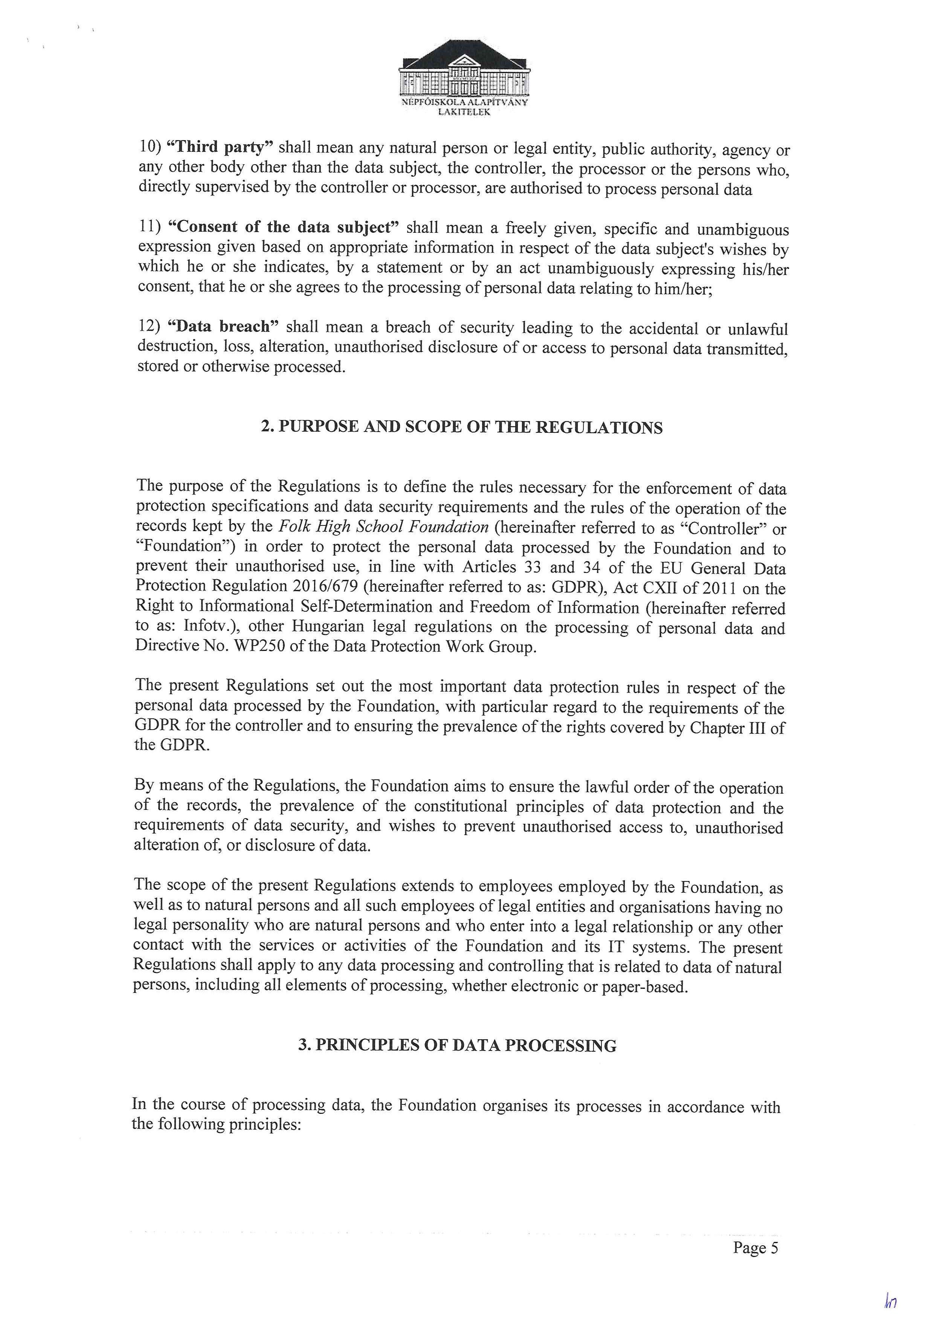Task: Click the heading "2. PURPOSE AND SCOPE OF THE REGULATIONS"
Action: pyautogui.click(x=462, y=428)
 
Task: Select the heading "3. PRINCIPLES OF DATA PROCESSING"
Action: pyautogui.click(x=457, y=1045)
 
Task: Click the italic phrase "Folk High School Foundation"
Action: pyautogui.click(x=384, y=527)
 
